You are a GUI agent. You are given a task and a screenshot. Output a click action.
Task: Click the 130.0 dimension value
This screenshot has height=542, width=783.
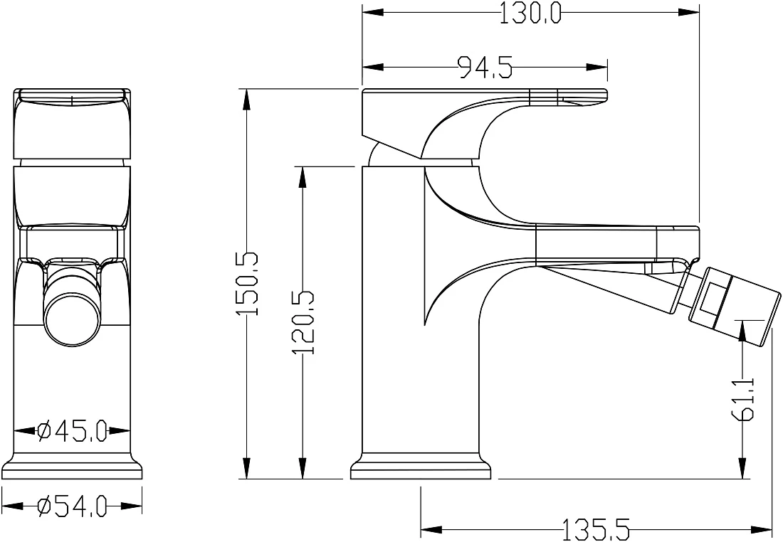tap(530, 13)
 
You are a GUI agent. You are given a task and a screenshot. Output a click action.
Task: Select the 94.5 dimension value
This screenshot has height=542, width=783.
tap(485, 67)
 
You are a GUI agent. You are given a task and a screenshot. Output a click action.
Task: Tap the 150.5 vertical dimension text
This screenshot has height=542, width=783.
tap(247, 284)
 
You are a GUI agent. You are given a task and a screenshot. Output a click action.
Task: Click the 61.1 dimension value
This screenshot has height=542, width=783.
tap(744, 398)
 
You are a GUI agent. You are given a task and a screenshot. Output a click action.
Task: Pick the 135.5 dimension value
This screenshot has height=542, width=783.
tap(597, 529)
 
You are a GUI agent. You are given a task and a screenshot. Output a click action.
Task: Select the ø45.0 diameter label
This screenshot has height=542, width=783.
tap(73, 430)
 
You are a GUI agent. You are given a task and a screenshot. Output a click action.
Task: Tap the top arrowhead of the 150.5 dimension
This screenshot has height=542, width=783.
tap(246, 100)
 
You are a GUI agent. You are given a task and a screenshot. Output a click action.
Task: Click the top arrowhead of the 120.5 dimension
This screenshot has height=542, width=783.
tap(302, 178)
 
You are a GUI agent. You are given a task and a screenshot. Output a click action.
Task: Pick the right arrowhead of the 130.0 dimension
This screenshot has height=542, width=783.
tap(688, 13)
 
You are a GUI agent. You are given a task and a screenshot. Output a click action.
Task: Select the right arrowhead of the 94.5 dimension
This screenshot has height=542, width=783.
tap(597, 67)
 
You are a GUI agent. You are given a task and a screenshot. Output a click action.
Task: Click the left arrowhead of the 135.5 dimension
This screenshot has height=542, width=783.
tap(433, 529)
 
